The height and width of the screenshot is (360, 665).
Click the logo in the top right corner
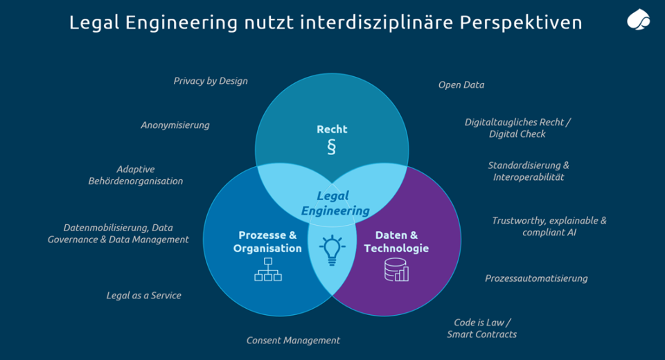click(638, 20)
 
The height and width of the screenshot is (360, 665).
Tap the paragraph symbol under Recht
click(332, 147)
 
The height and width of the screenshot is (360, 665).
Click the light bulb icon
click(332, 250)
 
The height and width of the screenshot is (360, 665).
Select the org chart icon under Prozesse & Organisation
click(268, 269)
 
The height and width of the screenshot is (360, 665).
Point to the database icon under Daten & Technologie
click(396, 270)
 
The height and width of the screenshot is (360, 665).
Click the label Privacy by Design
click(211, 81)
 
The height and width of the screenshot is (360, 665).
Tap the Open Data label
click(461, 84)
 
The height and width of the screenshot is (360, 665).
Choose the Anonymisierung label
click(175, 125)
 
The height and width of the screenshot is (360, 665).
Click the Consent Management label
click(293, 340)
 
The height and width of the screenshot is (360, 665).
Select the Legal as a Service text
click(144, 296)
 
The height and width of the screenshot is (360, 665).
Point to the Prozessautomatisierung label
click(536, 278)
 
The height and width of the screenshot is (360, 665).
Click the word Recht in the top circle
click(332, 129)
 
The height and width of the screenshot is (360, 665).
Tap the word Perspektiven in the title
click(521, 22)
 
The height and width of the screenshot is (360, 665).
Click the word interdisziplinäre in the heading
click(376, 22)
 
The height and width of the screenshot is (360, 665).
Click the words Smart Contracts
click(482, 334)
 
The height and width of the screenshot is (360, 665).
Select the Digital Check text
click(517, 134)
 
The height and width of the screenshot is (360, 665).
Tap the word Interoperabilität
click(529, 177)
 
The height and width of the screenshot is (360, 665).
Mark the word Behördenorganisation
click(136, 181)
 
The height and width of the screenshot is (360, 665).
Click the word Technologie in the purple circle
click(396, 248)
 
